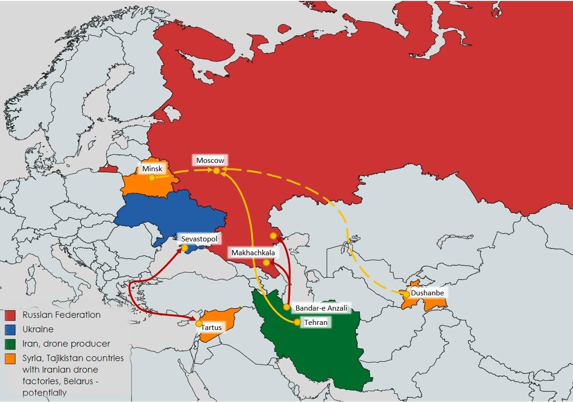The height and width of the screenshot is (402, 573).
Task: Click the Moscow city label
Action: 210,160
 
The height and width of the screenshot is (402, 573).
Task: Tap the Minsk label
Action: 152,168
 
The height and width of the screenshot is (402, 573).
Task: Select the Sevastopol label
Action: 199,239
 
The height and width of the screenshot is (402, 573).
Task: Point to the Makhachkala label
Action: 253,252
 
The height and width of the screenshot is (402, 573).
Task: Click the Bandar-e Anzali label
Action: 321,308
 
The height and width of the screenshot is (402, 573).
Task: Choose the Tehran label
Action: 316,322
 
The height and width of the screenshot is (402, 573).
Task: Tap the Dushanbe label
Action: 427,293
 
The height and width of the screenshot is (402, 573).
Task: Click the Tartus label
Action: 211,327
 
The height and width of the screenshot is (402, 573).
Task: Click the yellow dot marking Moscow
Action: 216,171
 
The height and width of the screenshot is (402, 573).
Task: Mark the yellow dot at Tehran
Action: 297,323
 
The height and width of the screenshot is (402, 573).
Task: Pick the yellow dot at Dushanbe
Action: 406,294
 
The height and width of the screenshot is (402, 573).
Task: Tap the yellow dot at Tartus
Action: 199,324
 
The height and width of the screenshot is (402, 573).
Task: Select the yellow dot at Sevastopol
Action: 185,248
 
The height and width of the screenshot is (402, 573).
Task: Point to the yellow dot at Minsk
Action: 151,178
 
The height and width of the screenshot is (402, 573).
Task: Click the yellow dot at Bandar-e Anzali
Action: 287,307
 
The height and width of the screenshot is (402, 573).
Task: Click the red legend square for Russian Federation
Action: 11,315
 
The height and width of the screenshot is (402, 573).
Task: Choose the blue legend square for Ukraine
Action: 11,330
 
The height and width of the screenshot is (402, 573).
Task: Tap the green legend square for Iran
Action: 11,344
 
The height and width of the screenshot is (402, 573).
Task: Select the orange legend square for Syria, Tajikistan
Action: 11,359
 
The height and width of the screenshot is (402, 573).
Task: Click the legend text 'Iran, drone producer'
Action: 66,344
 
